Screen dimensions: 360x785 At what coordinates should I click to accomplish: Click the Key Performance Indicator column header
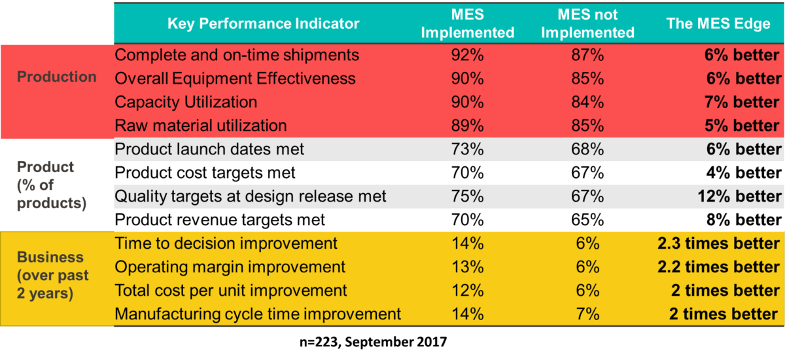(x=263, y=24)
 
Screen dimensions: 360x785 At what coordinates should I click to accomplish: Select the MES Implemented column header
(x=467, y=24)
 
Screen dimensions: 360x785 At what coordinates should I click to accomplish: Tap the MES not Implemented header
(x=587, y=24)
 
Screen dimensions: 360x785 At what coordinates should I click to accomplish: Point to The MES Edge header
(x=718, y=24)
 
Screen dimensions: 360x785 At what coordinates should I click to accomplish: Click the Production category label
(x=57, y=77)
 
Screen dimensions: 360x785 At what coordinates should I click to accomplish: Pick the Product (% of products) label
(x=52, y=185)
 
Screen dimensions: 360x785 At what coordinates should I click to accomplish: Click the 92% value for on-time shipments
(x=467, y=55)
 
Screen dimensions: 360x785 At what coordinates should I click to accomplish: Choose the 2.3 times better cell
(x=718, y=243)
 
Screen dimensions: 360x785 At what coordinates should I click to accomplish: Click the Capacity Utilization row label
(x=186, y=102)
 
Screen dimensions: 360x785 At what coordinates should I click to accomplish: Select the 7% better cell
(x=742, y=102)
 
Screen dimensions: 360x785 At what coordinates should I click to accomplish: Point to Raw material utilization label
(x=200, y=126)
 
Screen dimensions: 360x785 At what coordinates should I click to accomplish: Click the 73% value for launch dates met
(x=467, y=149)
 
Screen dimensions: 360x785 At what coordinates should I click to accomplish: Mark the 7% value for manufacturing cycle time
(x=587, y=314)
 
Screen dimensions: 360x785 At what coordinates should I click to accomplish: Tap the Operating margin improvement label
(x=230, y=267)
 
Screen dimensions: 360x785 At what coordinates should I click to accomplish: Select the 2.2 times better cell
(x=718, y=267)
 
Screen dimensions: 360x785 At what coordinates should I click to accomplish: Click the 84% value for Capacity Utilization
(x=587, y=102)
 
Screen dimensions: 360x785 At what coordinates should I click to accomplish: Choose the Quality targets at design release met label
(x=251, y=196)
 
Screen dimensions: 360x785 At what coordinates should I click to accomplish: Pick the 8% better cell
(x=742, y=220)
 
